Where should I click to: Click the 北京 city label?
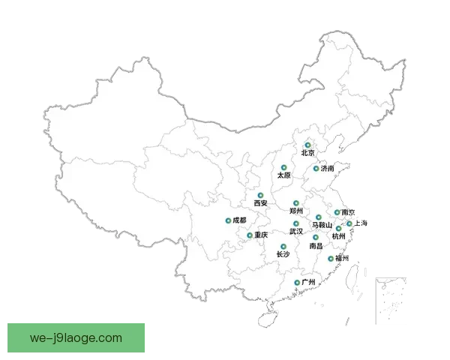tap(307, 153)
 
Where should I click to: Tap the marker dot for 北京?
tap(307, 145)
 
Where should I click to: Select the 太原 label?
tap(283, 175)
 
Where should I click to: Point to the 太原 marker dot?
tap(283, 167)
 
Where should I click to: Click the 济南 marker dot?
tap(316, 169)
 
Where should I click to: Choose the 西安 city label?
tap(260, 203)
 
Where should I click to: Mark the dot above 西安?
tap(260, 195)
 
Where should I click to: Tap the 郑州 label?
tap(295, 211)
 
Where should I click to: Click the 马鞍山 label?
tap(321, 225)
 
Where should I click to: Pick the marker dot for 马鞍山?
tap(319, 217)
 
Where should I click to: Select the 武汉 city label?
tap(296, 232)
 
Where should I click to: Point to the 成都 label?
tap(238, 220)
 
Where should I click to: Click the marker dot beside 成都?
tap(227, 220)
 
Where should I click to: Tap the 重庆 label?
tap(260, 235)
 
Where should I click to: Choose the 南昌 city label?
tap(316, 246)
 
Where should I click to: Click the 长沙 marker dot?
tap(283, 247)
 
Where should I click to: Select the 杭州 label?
tap(338, 236)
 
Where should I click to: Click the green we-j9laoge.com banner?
tap(77, 337)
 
